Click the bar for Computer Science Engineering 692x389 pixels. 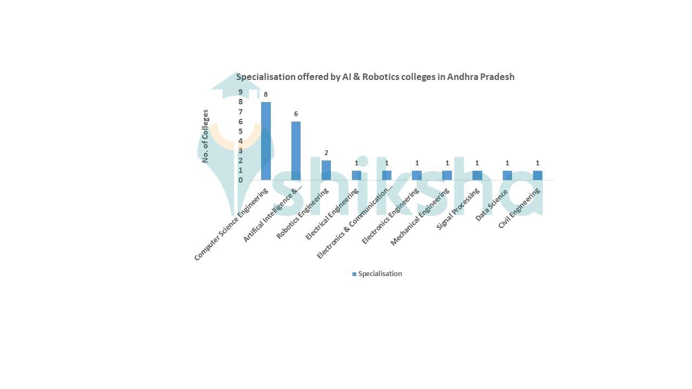tap(266, 141)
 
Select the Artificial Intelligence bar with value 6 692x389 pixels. tap(296, 151)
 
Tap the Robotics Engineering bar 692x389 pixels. tap(326, 170)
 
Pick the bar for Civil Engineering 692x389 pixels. tap(537, 175)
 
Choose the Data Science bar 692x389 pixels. tap(507, 175)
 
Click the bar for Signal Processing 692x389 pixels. tap(477, 175)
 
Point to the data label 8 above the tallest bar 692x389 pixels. tap(266, 95)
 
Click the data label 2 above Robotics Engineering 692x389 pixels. tap(326, 153)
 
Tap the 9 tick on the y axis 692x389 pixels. tap(241, 92)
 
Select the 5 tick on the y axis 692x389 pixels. tap(241, 131)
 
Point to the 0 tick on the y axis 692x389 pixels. tap(241, 180)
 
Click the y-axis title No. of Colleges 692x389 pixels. tap(205, 136)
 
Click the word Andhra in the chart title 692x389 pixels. tap(462, 77)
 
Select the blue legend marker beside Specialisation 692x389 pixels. tap(354, 274)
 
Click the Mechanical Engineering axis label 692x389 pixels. tap(420, 217)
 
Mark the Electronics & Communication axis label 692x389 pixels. tap(354, 224)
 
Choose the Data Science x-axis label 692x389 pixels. tap(492, 205)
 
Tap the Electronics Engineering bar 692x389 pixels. tap(417, 175)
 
